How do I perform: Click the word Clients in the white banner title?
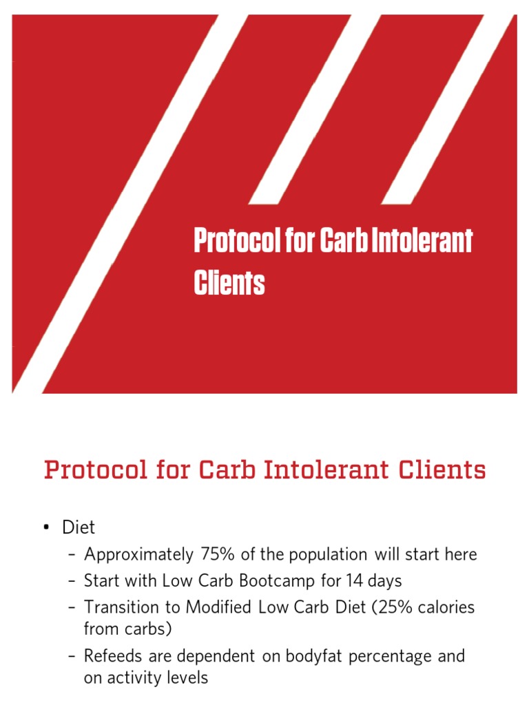229,283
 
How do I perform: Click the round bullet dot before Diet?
46,528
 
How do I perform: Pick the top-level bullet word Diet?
79,527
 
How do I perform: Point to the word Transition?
120,607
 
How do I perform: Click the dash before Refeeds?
72,656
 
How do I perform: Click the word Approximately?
138,554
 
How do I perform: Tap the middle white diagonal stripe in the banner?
313,110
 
